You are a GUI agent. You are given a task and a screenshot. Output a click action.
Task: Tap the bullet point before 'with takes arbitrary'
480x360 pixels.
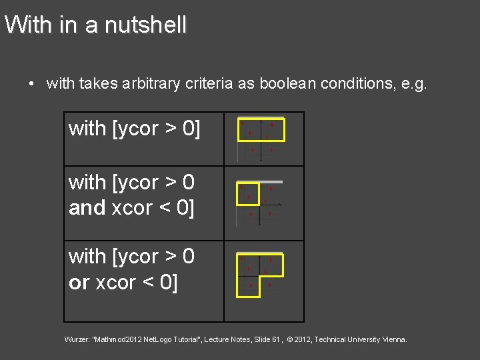point(31,84)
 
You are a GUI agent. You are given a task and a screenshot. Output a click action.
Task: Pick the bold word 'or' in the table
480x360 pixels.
point(79,283)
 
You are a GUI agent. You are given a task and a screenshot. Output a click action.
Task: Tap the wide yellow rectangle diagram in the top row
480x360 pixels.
point(261,129)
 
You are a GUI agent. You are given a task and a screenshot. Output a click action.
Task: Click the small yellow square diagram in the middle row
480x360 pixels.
point(249,193)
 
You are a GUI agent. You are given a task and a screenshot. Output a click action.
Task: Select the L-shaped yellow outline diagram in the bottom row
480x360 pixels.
point(261,273)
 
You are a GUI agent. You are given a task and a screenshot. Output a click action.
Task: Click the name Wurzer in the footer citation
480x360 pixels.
point(77,340)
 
